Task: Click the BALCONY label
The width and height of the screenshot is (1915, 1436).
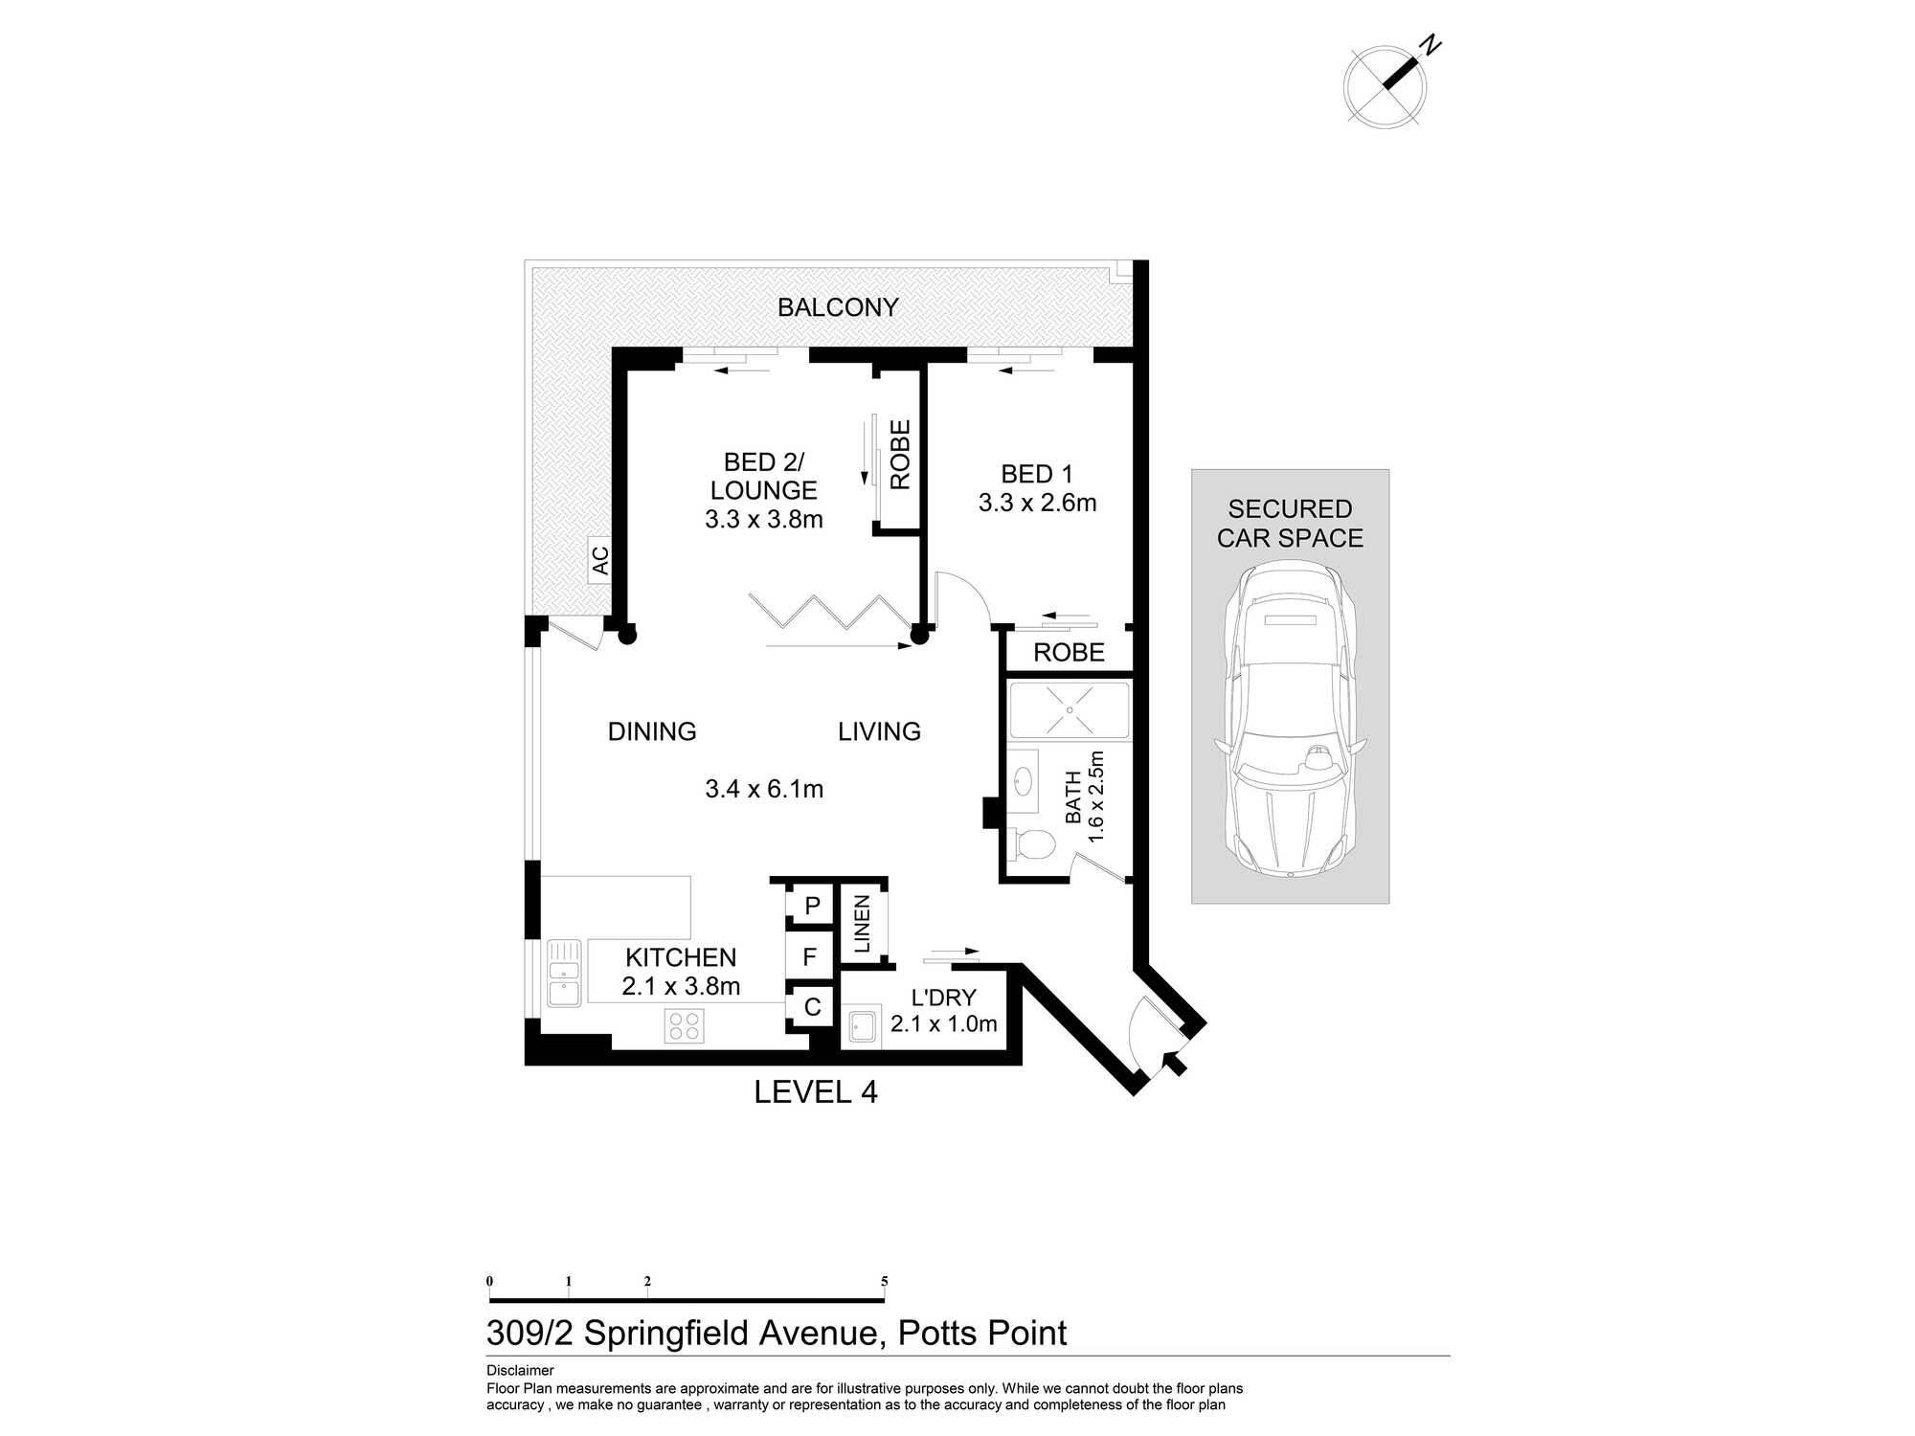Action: point(838,307)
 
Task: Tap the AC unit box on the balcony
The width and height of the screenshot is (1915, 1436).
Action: point(599,560)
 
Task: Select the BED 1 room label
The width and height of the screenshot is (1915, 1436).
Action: point(1037,474)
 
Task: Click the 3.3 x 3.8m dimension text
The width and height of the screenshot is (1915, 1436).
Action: point(764,519)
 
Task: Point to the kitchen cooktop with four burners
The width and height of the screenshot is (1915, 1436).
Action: point(685,1026)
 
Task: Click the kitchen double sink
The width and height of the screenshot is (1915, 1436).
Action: point(564,973)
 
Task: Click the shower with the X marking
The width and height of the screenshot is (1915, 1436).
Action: point(1069,709)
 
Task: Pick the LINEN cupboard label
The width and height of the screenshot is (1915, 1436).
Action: point(862,924)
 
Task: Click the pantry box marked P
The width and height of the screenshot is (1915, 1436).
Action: point(812,906)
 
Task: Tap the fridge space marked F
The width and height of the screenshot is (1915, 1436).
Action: point(810,956)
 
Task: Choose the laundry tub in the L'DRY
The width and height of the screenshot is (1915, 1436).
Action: point(862,1027)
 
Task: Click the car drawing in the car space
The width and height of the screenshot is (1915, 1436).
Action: point(1291,719)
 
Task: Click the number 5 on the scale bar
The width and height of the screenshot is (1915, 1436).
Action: point(885,1281)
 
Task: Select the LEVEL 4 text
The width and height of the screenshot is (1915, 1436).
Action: point(816,1092)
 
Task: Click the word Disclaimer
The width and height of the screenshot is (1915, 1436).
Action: point(520,1370)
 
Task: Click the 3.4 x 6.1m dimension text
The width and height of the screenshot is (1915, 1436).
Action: point(764,789)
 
